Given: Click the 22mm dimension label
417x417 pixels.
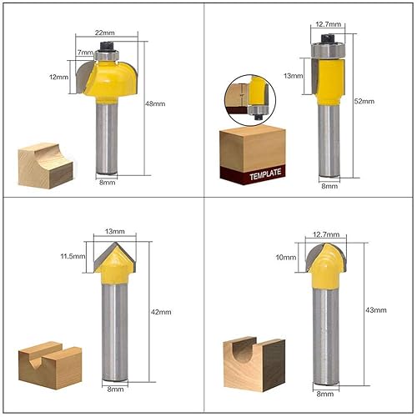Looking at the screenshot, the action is [x=105, y=33].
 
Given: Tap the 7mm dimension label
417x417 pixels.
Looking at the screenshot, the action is [x=85, y=53].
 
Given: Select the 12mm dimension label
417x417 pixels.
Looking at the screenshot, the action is [x=58, y=77].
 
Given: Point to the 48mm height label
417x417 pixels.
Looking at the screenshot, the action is [x=155, y=103].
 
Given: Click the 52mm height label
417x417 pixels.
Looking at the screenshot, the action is [x=364, y=101].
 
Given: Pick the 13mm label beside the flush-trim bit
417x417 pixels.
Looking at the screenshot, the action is [x=294, y=76].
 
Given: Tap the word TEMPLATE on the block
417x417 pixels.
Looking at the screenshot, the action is [x=265, y=174].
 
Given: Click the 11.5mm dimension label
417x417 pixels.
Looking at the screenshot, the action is [x=73, y=256].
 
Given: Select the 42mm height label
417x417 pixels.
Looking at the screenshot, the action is [x=161, y=312].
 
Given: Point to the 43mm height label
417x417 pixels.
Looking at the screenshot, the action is [x=376, y=309].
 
